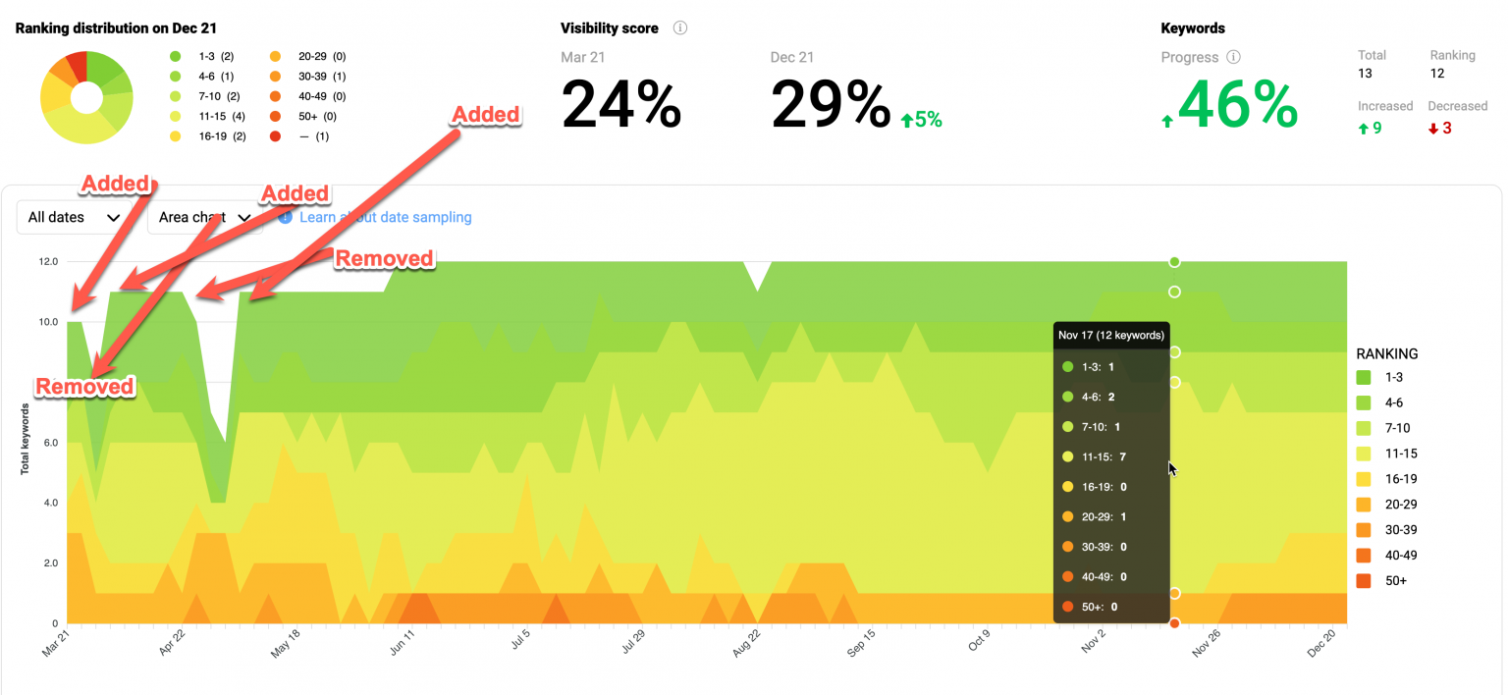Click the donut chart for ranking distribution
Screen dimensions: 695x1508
coord(86,98)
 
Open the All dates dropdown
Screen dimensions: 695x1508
coord(75,217)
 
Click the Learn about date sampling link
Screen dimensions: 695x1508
coord(385,217)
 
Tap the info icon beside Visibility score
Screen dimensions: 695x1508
coord(680,28)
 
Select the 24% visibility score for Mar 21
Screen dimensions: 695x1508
coord(621,105)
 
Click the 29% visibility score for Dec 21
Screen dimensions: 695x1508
coord(831,105)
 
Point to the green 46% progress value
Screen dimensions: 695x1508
coord(1238,105)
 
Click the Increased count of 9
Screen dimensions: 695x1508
coord(1371,128)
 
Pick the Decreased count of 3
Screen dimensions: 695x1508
coord(1440,128)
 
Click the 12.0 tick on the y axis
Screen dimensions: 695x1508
coord(49,262)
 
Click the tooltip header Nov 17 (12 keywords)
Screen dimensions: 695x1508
coord(1111,335)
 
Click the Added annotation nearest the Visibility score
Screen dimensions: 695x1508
coord(485,115)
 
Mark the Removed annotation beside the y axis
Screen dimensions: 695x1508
coord(84,386)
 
